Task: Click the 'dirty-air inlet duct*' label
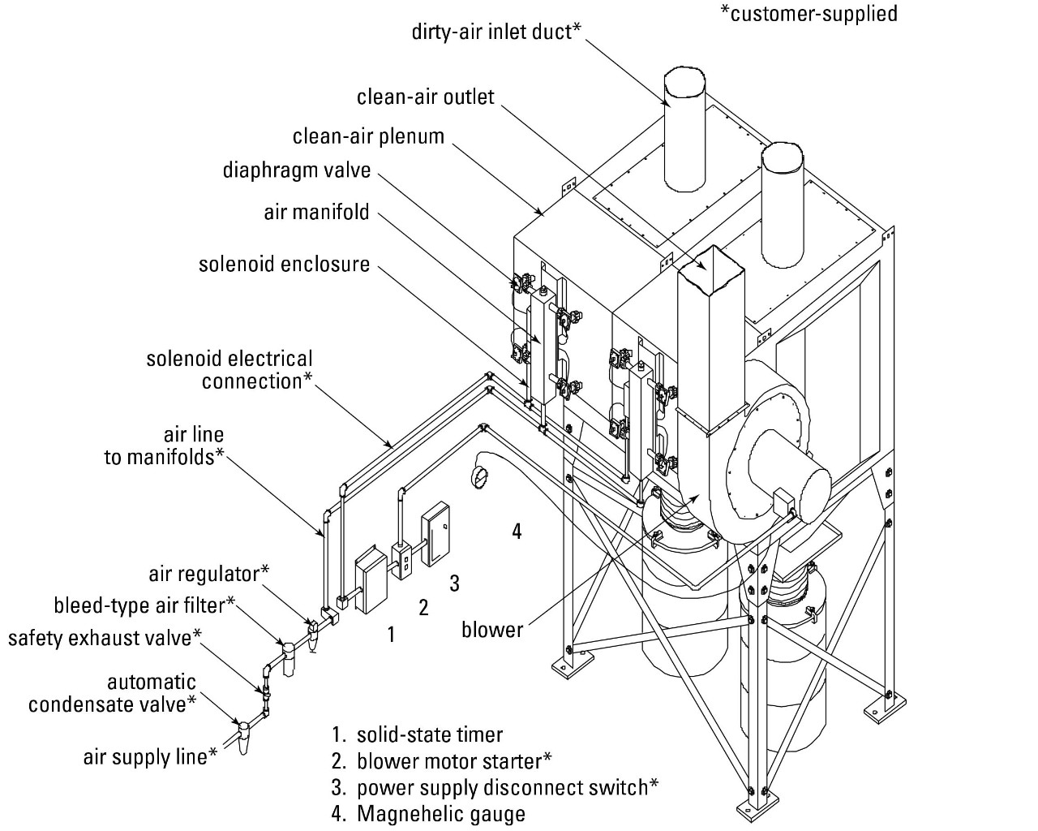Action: pos(496,32)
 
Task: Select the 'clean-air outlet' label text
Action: pos(425,97)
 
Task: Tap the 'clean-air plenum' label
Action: pos(368,136)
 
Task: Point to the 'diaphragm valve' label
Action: pos(296,171)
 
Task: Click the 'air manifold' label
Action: pos(316,213)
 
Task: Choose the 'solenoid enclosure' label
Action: pos(284,265)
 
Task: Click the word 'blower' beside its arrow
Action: pos(492,630)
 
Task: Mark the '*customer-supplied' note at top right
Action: pos(809,14)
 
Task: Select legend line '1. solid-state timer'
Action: pos(418,735)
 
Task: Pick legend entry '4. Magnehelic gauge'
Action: pos(428,814)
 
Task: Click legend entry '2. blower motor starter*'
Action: pos(442,761)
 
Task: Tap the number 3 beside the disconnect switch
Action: pos(454,583)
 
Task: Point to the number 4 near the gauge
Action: pos(517,532)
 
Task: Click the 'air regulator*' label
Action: pos(208,574)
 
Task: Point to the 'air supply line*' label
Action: pos(150,757)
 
